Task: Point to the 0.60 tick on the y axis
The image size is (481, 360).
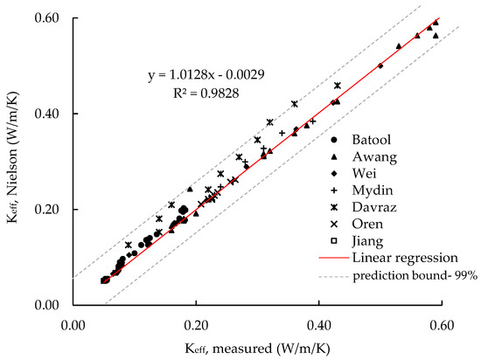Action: (52, 18)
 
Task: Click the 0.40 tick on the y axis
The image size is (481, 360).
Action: (52, 114)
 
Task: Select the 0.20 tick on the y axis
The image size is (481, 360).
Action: (52, 210)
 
